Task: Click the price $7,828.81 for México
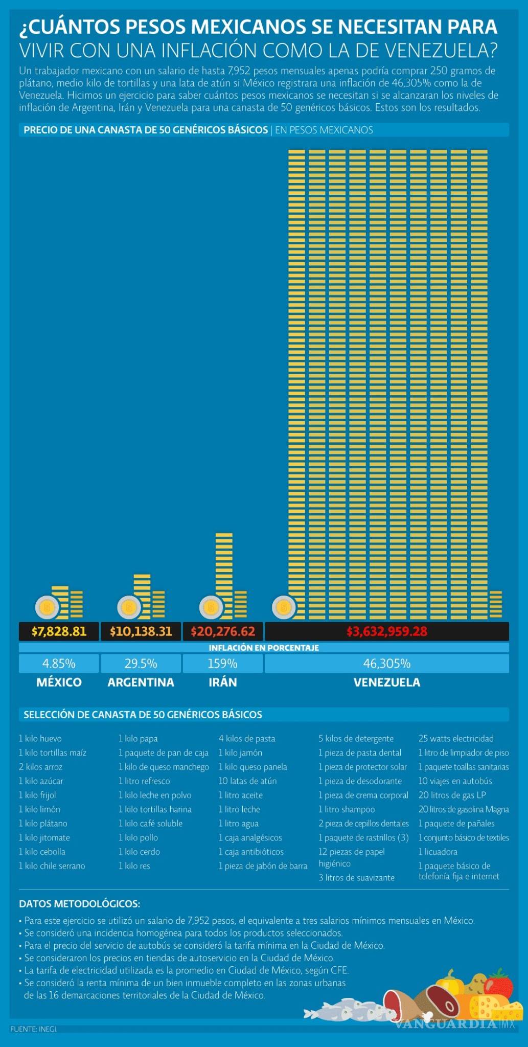(x=59, y=631)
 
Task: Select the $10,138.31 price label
(x=141, y=631)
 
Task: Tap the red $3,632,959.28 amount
(x=387, y=631)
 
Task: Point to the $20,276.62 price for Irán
(x=223, y=631)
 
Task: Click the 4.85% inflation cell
(x=59, y=664)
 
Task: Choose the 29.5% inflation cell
(x=141, y=664)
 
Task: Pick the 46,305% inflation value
(x=387, y=664)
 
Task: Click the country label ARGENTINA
(x=141, y=682)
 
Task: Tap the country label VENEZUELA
(x=387, y=682)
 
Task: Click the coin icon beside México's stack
(x=47, y=607)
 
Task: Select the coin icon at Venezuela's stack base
(x=284, y=607)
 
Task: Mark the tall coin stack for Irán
(x=224, y=575)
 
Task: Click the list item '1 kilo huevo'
(x=40, y=739)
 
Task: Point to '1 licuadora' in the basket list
(x=438, y=852)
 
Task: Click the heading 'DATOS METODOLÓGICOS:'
(x=79, y=904)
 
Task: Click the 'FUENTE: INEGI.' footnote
(x=34, y=1029)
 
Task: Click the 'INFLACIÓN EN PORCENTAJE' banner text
(x=264, y=648)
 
